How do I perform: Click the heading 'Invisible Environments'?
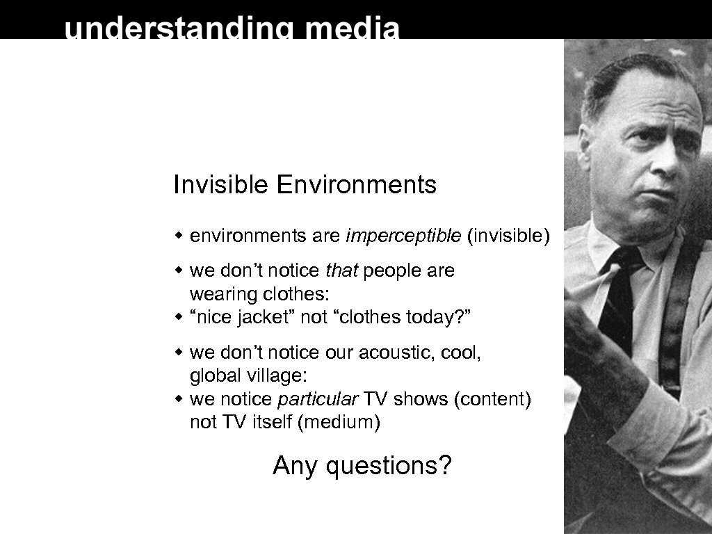coord(305,186)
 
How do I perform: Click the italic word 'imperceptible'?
coord(403,236)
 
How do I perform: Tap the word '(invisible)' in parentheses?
coord(508,236)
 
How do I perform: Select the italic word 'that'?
coord(342,270)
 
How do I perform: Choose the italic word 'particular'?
coord(318,400)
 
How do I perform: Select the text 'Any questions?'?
coord(362,465)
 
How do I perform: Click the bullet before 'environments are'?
coord(179,236)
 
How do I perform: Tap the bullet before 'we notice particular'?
coord(179,400)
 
